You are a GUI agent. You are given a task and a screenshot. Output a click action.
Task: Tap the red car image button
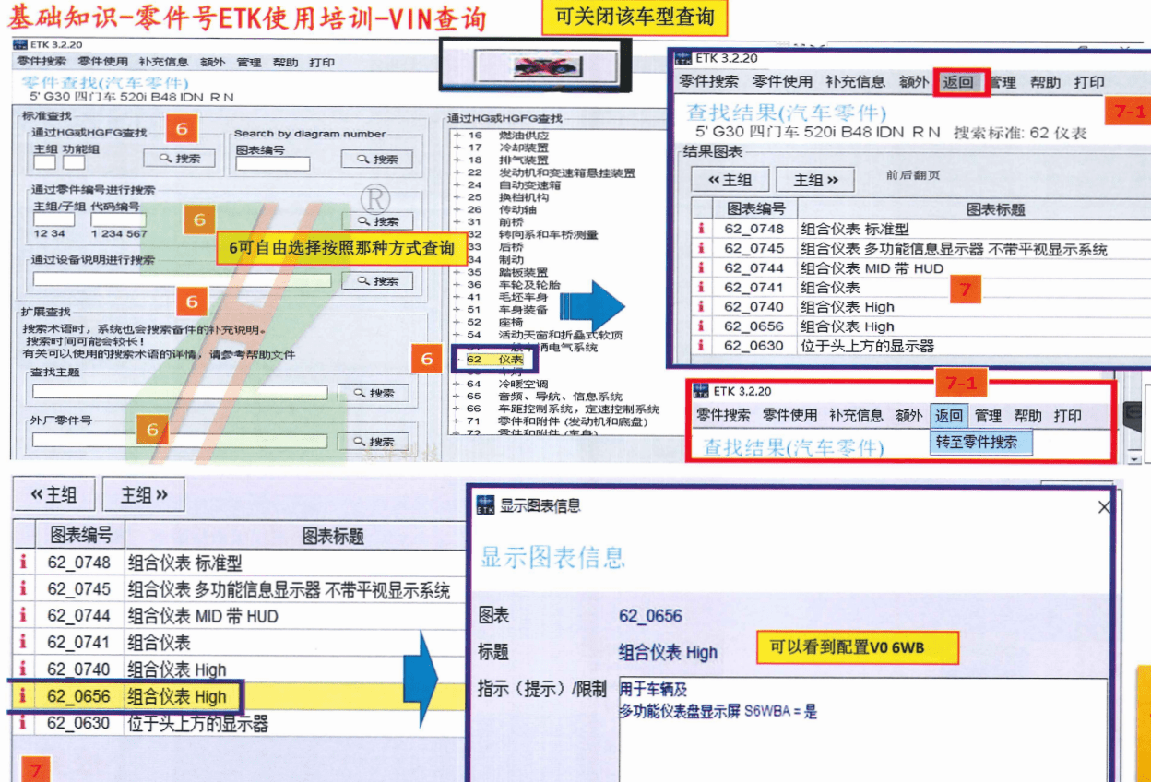point(545,67)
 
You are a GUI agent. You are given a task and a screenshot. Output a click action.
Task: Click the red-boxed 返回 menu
point(958,82)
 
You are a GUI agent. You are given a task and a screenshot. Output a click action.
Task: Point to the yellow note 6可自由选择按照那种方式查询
point(341,249)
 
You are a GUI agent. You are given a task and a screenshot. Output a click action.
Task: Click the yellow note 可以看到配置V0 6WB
point(858,648)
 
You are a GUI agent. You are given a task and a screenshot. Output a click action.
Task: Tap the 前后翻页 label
point(913,175)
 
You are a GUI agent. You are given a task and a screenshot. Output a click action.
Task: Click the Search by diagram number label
point(310,134)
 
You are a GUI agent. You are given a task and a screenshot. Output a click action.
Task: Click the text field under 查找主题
point(180,393)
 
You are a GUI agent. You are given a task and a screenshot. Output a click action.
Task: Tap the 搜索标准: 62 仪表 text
point(1020,133)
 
